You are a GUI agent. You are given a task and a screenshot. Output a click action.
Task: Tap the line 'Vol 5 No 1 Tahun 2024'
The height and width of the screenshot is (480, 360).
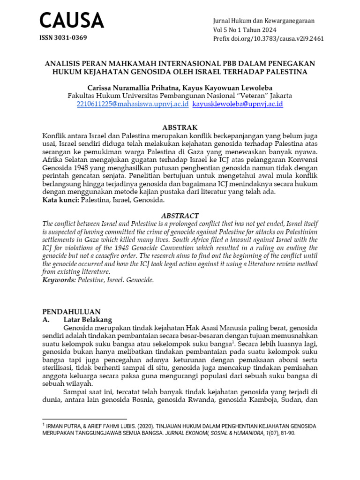tap(245, 30)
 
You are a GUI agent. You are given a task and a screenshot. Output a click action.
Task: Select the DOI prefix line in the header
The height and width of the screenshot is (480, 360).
tap(268, 38)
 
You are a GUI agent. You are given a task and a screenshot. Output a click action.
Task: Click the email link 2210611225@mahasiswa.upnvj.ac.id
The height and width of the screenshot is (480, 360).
tap(133, 104)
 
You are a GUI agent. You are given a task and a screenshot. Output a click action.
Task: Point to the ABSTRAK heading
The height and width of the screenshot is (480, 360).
tap(180, 127)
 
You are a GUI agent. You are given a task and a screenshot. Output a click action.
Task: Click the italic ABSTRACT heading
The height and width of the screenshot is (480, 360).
tap(180, 216)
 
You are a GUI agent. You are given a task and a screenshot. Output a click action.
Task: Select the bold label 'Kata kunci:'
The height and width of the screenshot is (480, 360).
tap(60, 200)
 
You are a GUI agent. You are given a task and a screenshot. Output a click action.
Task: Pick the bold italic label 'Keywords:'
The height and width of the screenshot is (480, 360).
tap(59, 280)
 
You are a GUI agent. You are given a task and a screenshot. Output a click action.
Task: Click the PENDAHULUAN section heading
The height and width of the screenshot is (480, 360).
tap(71, 311)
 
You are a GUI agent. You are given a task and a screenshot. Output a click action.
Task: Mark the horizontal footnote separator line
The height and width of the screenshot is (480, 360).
tap(85, 419)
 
